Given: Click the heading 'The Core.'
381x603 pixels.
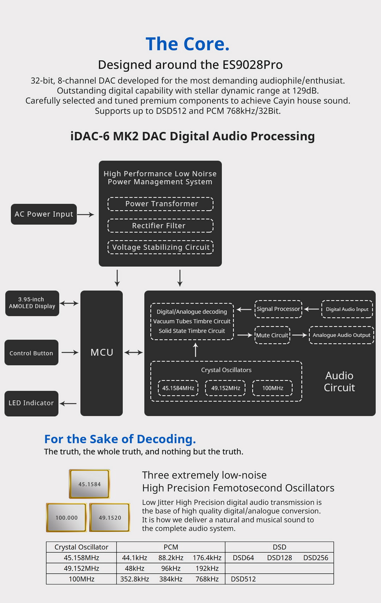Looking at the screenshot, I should tap(187, 44).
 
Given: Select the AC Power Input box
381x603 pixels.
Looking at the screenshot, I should tap(44, 214).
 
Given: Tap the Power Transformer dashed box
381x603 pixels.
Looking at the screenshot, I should tap(160, 204).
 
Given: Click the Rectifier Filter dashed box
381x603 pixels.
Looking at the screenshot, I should tap(160, 226).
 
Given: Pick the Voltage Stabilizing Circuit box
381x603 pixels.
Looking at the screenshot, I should tap(160, 247).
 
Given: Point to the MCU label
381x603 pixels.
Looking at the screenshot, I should tap(102, 353).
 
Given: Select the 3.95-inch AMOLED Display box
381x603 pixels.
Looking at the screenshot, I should tap(32, 303).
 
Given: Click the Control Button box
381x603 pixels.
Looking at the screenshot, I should tap(31, 353).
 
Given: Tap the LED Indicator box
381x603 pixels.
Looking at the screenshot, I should tap(31, 403).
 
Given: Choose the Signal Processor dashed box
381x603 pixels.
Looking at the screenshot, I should tap(278, 309).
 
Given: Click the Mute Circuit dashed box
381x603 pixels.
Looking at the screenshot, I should tap(272, 335).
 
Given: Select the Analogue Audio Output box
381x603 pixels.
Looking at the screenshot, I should tap(341, 335).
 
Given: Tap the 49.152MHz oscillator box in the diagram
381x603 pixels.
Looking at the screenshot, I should tap(226, 388).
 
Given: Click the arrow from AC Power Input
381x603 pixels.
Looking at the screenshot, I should tap(86, 214).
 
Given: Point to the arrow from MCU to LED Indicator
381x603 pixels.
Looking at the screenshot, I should tap(69, 403).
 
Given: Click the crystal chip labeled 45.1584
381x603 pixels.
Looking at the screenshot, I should tap(90, 484).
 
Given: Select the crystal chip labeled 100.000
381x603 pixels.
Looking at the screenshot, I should tap(67, 518).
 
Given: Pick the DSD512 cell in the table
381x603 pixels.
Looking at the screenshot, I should tap(243, 579).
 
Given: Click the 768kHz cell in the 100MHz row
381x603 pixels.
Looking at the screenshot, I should tap(207, 579).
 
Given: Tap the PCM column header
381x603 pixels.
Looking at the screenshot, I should tap(171, 547).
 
